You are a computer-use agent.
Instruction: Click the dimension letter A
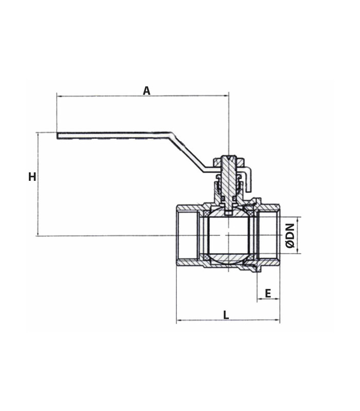click(x=147, y=91)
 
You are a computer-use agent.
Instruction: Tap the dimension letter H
click(x=32, y=177)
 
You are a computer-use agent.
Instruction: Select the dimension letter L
click(x=226, y=315)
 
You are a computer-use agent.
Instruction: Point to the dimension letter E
click(x=267, y=293)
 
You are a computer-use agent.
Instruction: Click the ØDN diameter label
click(x=290, y=236)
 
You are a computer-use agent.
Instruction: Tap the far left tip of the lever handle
click(x=57, y=136)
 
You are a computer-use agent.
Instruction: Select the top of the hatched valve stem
click(x=229, y=157)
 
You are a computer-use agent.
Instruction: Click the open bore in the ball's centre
click(x=228, y=235)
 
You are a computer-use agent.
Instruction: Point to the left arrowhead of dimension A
click(x=59, y=96)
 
